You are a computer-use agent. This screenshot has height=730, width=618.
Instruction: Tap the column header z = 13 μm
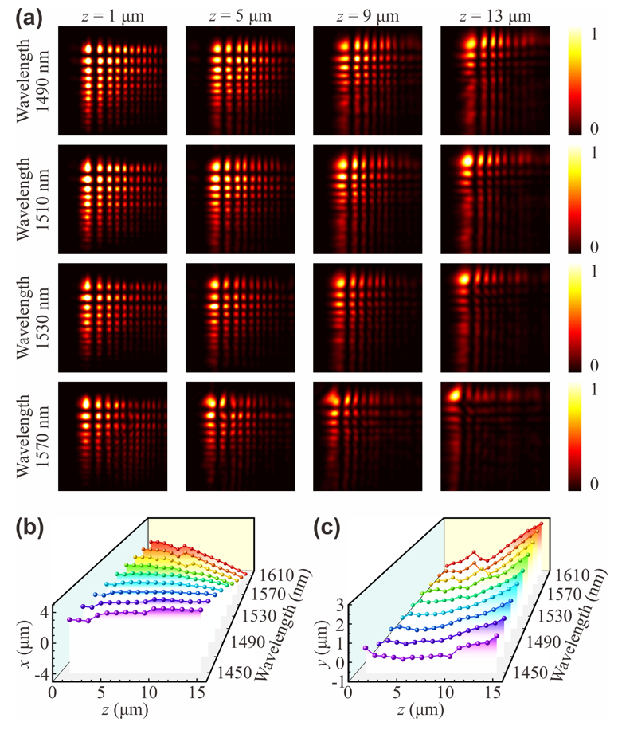pos(495,14)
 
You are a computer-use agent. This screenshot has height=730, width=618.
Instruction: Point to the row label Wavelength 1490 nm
pos(33,78)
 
